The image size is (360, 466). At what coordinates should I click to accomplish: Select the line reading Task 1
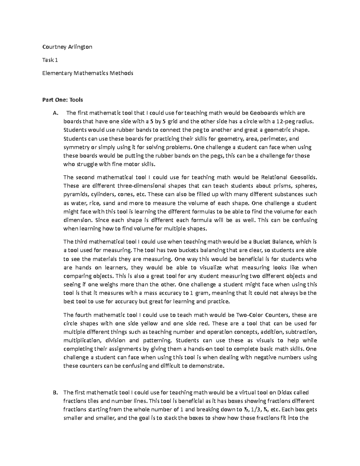50,60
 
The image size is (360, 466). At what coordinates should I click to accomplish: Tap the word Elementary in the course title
55,73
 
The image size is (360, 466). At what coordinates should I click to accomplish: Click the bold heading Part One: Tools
62,100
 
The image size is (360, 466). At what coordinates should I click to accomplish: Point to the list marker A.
54,113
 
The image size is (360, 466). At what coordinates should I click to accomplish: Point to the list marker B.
54,392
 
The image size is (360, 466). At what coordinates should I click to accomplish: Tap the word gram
201,293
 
